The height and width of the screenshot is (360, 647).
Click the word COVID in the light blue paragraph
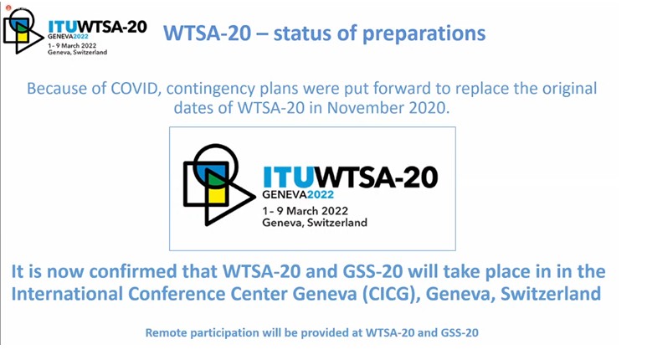point(134,89)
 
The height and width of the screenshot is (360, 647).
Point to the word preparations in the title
point(424,33)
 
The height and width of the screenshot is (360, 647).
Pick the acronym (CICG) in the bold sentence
point(389,294)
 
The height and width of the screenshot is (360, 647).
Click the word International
point(67,294)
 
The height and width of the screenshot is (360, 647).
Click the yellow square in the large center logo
point(217,195)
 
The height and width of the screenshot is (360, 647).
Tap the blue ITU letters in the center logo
point(288,177)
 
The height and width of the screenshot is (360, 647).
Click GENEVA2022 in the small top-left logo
point(68,36)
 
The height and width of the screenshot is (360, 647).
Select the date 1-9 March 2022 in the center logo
point(305,210)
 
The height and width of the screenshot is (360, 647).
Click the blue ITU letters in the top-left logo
point(62,27)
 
